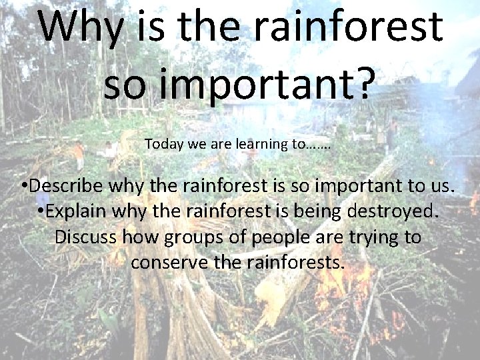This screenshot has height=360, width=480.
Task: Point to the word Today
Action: pos(161,143)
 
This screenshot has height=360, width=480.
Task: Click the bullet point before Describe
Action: pos(24,186)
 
